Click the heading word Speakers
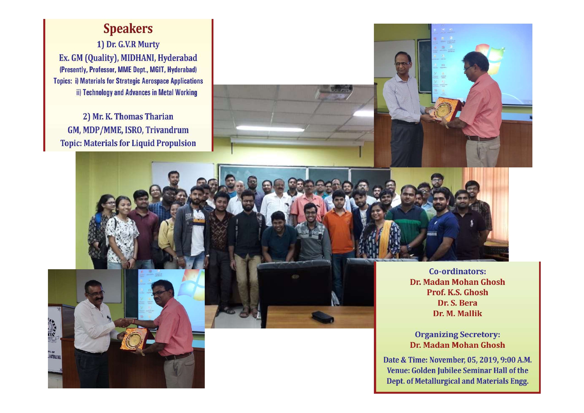pos(128,29)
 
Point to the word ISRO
pos(134,130)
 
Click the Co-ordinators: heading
pos(457,272)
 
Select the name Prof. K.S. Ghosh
pos(457,293)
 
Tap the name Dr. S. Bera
pos(457,303)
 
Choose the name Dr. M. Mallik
pos(457,313)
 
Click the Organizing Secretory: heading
pos(457,334)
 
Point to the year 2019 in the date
pos(489,360)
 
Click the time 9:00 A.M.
pos(516,360)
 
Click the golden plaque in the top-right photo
pos(444,109)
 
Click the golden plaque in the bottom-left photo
pos(134,339)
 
